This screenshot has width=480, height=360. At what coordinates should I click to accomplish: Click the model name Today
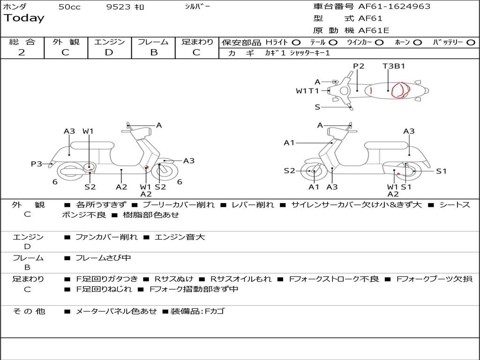(24, 18)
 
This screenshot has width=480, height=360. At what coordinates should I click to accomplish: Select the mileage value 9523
(119, 7)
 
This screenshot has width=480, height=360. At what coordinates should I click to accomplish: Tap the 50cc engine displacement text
(69, 7)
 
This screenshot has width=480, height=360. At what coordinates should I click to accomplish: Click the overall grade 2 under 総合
(22, 52)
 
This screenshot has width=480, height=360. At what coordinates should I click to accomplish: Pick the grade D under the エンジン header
(109, 52)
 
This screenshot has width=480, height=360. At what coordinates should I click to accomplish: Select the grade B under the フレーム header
(153, 52)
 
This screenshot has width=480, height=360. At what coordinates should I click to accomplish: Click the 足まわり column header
(197, 42)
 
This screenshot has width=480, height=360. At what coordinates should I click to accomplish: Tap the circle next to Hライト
(296, 43)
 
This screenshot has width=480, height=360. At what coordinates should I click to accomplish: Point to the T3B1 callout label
(394, 66)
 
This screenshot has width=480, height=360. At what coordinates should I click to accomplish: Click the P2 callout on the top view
(359, 66)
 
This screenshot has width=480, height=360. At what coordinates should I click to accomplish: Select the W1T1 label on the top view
(307, 91)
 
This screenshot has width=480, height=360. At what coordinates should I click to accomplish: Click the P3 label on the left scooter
(37, 164)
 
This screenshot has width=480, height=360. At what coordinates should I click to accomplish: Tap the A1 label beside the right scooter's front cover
(289, 143)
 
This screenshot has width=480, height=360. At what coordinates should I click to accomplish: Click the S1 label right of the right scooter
(442, 171)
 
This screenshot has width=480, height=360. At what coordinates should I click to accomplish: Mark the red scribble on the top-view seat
(400, 90)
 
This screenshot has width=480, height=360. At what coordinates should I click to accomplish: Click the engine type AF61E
(374, 31)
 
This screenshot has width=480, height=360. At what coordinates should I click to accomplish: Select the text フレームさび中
(103, 258)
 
